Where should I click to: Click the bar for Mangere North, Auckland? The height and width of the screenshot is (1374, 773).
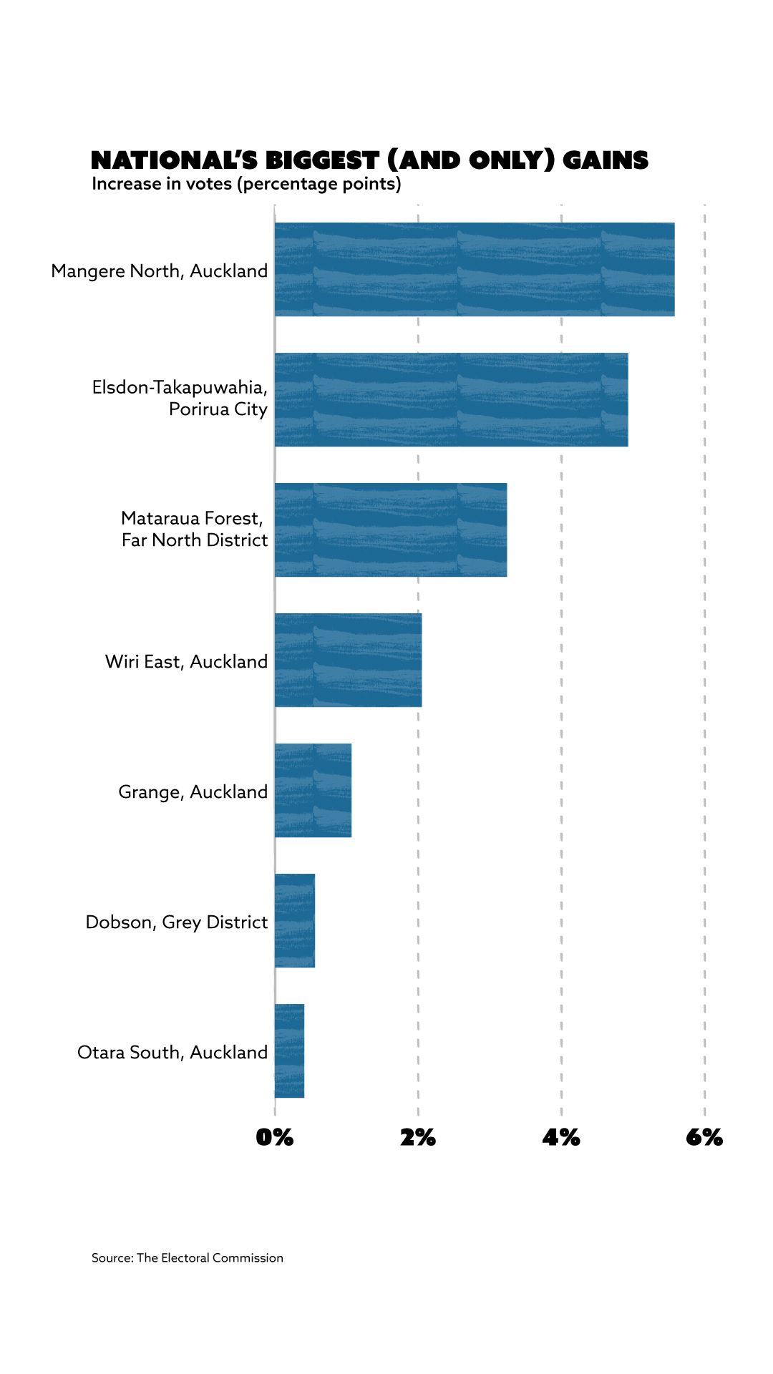[x=474, y=269]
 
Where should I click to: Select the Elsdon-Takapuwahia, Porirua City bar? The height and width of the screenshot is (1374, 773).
[x=451, y=399]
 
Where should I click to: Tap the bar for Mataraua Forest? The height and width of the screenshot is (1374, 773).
[x=391, y=530]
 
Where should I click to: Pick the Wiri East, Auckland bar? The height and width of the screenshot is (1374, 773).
[x=348, y=660]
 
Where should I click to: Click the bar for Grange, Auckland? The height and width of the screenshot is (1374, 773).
[x=313, y=790]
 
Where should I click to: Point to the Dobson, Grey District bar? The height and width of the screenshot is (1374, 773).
[x=295, y=920]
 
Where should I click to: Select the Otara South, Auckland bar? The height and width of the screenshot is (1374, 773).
[x=290, y=1051]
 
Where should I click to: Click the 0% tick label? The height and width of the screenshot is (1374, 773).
[x=275, y=1137]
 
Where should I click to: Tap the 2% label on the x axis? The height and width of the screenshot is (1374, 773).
[x=418, y=1137]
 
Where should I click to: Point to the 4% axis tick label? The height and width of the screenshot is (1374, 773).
[x=561, y=1137]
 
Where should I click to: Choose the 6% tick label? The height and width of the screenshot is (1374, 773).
[x=704, y=1137]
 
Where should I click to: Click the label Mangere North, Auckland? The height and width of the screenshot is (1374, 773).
[x=160, y=271]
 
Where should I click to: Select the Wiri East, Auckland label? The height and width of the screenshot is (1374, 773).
[x=186, y=661]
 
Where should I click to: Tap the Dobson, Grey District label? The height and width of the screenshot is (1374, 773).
[x=177, y=922]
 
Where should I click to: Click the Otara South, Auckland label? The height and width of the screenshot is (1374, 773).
[x=172, y=1052]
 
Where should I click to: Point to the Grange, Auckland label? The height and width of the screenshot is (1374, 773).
[x=193, y=791]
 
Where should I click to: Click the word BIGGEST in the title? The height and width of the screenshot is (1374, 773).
[x=322, y=160]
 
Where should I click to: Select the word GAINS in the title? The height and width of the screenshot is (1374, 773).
[x=606, y=160]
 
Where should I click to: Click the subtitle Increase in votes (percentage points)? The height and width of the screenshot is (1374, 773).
[x=246, y=184]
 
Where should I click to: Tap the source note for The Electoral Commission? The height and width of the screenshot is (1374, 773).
[x=188, y=1257]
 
